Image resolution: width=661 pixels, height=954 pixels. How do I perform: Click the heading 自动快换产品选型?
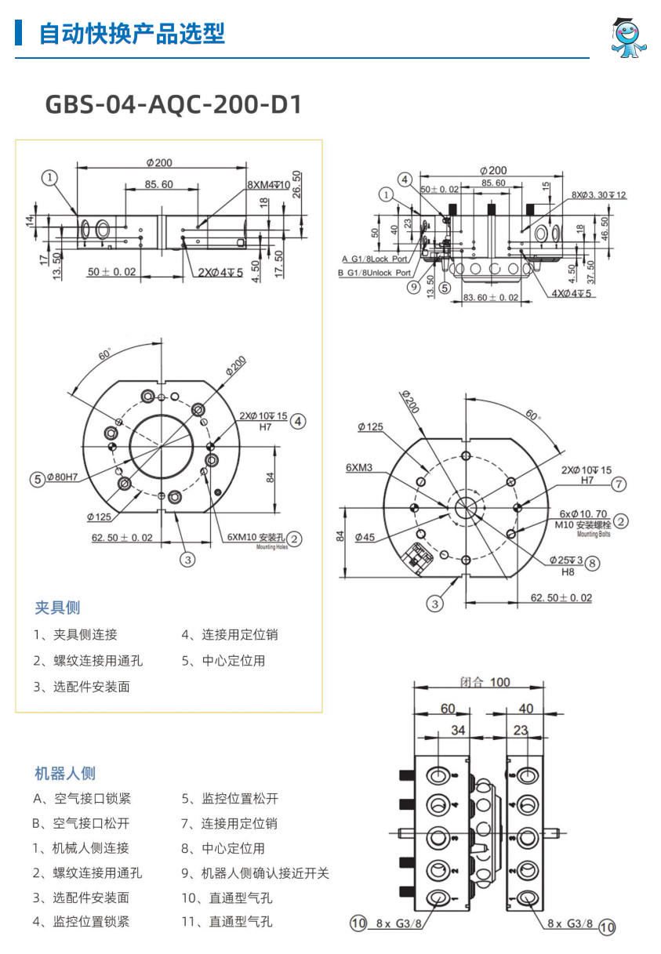tap(132, 34)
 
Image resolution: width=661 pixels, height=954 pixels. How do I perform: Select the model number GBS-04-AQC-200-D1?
tap(173, 105)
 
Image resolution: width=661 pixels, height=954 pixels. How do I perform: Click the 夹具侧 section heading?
tap(57, 608)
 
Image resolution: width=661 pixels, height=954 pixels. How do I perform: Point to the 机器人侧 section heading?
tap(65, 774)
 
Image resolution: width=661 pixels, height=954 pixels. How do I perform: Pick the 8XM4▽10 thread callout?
tap(268, 185)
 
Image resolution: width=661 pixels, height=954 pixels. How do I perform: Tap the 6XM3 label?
tap(359, 468)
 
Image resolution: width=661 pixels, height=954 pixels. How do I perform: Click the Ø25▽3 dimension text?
tap(565, 560)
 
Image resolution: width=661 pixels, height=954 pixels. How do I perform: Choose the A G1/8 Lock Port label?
tap(375, 259)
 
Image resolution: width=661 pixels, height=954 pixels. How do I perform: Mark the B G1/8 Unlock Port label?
tap(374, 273)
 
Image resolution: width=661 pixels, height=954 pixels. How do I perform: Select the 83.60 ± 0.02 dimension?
tap(491, 297)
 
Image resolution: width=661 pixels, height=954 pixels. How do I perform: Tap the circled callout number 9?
tap(415, 287)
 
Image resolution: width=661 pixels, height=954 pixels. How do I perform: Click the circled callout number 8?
tap(592, 563)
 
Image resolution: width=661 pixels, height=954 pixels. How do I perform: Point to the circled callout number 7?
tap(619, 484)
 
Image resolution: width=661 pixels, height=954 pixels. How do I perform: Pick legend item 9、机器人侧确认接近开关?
tap(256, 873)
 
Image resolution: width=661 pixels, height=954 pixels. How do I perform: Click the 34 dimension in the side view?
tap(458, 731)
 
